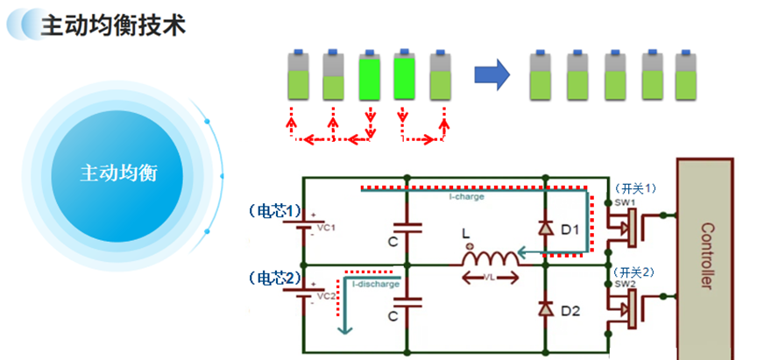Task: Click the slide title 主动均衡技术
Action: point(113,25)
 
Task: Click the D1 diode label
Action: point(570,229)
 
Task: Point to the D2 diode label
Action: point(570,310)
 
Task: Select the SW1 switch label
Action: point(624,202)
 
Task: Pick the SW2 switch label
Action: point(624,284)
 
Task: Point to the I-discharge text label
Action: point(376,284)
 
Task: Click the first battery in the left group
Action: point(300,75)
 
